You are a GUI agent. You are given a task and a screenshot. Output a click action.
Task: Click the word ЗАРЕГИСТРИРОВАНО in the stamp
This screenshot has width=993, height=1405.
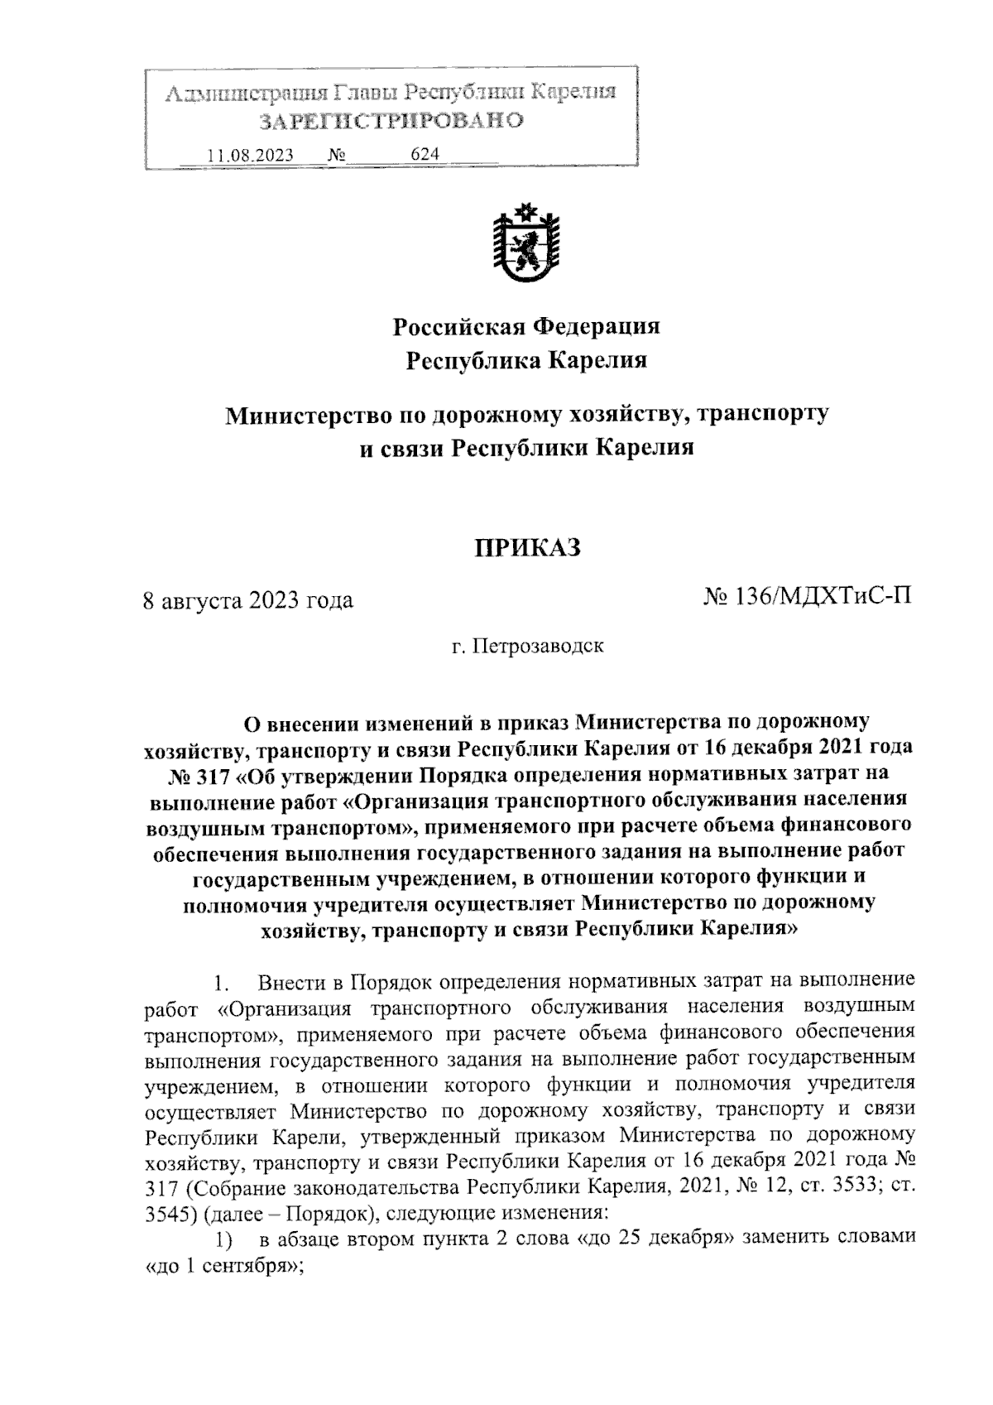coord(391,121)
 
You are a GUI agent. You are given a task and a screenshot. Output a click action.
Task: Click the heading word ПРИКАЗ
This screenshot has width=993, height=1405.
coord(527,547)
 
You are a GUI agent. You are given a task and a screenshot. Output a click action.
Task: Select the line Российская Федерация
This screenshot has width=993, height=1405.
coord(526,326)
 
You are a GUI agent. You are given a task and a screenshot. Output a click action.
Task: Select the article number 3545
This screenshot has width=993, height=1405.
coord(165,1214)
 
